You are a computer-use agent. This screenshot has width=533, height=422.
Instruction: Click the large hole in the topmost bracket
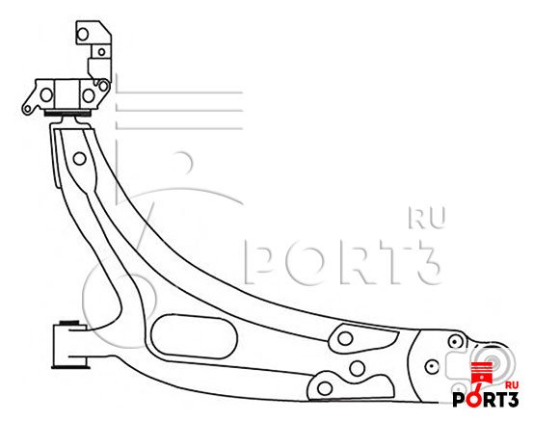tap(83, 34)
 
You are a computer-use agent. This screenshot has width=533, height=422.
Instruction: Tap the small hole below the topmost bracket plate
tap(101, 52)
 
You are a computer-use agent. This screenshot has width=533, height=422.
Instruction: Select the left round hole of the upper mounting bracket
tap(46, 94)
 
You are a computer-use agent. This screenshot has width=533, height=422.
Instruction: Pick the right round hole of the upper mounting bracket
tap(89, 95)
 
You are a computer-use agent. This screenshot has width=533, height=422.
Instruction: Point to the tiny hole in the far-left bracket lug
tap(27, 109)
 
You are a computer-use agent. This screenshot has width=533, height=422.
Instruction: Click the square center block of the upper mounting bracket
tap(67, 94)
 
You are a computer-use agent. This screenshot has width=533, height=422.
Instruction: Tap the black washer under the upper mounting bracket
tap(67, 113)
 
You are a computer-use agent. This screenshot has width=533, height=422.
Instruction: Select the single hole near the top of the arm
tap(80, 158)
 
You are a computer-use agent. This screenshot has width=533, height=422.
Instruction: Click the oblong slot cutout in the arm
tap(194, 336)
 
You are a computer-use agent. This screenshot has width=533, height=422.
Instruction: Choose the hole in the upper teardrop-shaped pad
tap(345, 338)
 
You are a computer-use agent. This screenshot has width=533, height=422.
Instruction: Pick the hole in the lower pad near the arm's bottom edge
tap(325, 388)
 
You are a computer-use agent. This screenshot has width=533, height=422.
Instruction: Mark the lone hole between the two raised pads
tap(358, 368)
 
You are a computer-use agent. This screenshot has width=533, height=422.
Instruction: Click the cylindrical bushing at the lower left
tap(69, 345)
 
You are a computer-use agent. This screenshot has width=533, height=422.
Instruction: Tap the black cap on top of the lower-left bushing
tap(69, 323)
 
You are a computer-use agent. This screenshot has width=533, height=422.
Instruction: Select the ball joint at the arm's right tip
tap(492, 362)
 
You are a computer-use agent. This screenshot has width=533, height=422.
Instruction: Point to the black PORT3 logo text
tap(486, 399)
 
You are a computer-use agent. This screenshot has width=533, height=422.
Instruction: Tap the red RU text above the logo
tap(512, 385)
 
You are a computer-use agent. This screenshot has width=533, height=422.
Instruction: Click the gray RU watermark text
tap(427, 218)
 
